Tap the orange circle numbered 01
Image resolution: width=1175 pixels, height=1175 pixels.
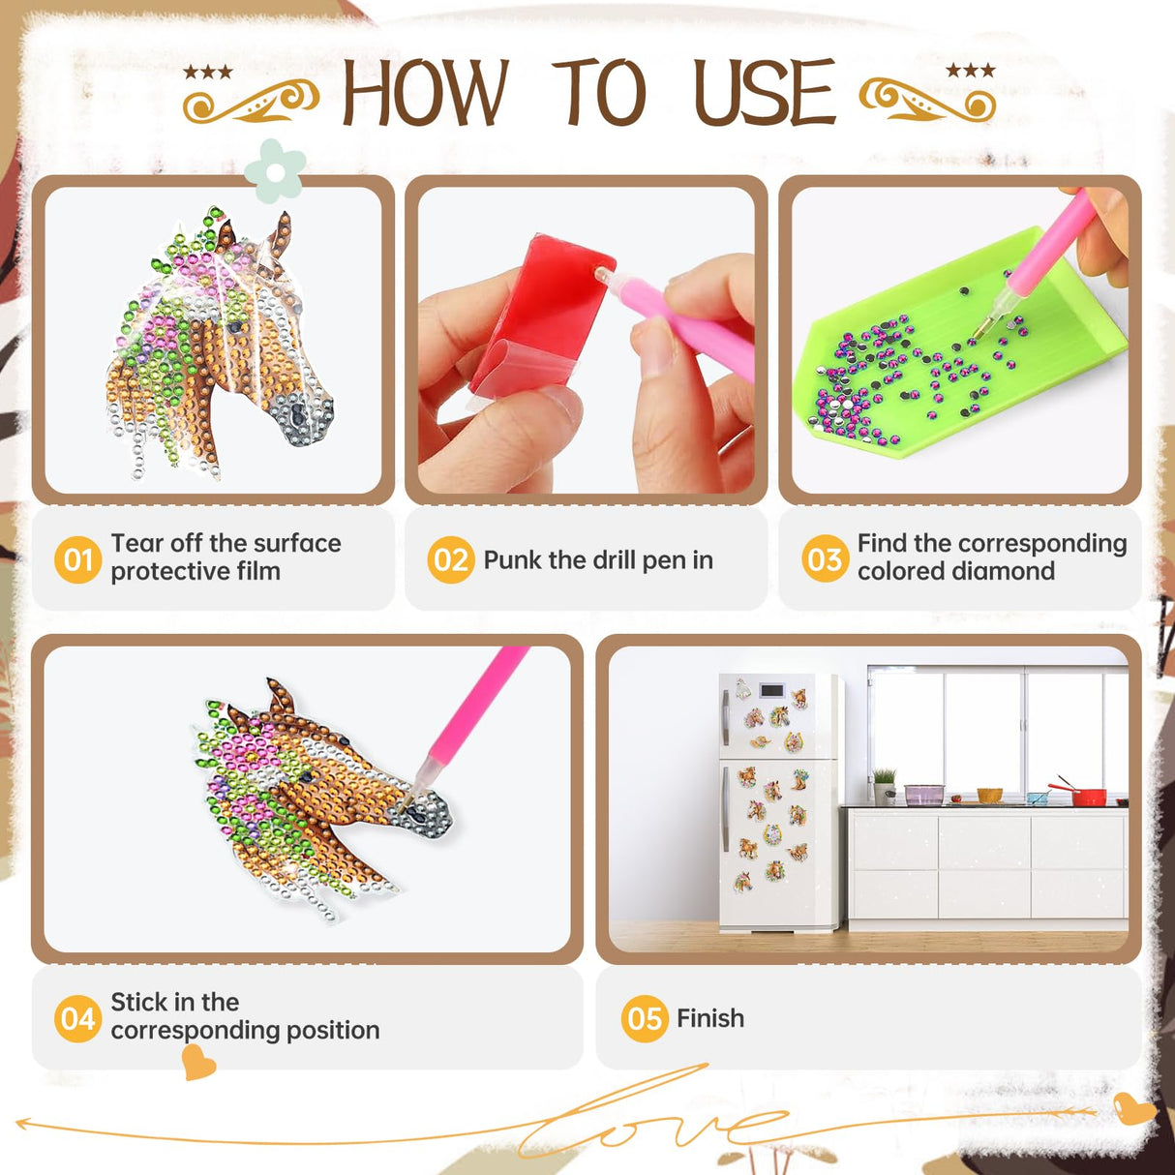pos(77,559)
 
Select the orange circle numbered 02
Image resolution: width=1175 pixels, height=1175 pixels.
pos(451,559)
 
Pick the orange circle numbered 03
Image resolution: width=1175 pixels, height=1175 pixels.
pos(825,557)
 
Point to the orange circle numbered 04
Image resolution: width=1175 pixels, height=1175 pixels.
pos(77,1019)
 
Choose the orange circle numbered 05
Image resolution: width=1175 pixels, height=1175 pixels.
pos(645,1019)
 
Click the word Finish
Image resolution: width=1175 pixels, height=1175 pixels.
pos(710,1018)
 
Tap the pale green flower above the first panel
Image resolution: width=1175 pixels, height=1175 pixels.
pos(275,171)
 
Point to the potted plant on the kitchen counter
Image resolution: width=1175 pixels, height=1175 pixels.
pos(884,786)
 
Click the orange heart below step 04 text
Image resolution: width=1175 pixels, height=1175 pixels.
pos(198,1062)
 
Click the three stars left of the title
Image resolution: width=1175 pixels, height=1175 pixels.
pos(208,72)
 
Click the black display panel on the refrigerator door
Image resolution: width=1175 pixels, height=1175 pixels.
pos(771,691)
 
